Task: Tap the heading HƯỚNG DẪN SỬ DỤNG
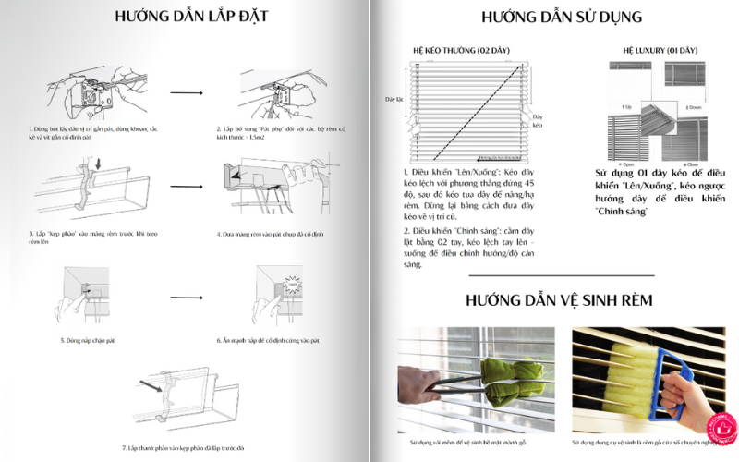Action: point(562,18)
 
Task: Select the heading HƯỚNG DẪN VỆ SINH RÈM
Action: point(560,300)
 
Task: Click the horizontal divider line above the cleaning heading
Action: point(561,275)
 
